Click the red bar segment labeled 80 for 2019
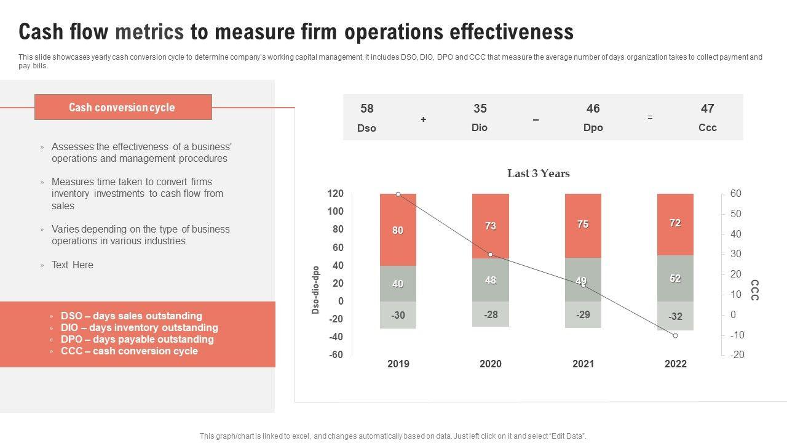coord(398,230)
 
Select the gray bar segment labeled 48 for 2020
coord(490,280)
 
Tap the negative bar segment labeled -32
coord(675,316)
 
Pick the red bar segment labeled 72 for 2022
coord(675,223)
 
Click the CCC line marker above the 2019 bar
coord(398,194)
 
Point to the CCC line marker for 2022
coord(675,335)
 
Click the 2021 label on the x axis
coord(583,364)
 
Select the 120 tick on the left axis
coord(335,194)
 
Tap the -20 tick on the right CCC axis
coord(737,355)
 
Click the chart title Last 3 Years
coord(539,174)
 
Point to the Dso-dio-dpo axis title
coord(315,290)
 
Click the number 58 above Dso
coord(366,109)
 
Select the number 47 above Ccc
coord(707,109)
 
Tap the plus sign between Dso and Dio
coord(424,119)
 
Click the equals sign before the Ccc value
coord(650,118)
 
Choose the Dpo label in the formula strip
coord(593,128)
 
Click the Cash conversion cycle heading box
coord(123,107)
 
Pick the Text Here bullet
coord(73,265)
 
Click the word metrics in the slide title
coord(149,31)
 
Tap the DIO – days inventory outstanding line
coord(139,328)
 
